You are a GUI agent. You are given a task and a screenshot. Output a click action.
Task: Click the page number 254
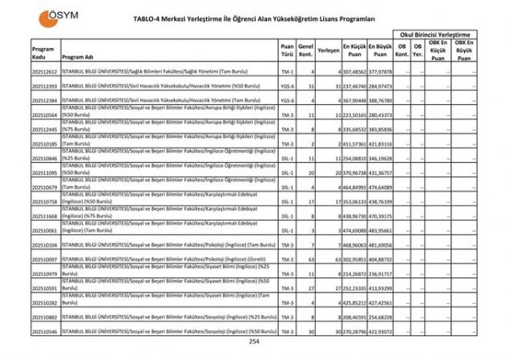[254, 342]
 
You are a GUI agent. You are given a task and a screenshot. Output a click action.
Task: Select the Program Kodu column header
[43, 53]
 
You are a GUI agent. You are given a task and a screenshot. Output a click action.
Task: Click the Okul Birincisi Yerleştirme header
[440, 36]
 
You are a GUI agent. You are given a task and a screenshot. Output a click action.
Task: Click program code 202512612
[45, 71]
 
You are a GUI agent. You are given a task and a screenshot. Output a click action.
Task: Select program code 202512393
[45, 86]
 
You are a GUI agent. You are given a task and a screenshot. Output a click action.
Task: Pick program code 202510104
[45, 245]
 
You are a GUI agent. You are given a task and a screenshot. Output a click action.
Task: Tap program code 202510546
[45, 331]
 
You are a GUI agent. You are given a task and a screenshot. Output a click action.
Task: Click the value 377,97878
[382, 71]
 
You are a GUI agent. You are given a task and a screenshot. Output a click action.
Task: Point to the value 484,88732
[382, 259]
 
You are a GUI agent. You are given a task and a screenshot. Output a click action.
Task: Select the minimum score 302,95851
[354, 259]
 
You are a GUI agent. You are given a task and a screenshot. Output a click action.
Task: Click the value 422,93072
[382, 331]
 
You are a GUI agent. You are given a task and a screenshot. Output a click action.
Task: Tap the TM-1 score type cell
[287, 71]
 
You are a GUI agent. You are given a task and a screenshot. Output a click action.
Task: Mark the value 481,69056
[382, 245]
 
